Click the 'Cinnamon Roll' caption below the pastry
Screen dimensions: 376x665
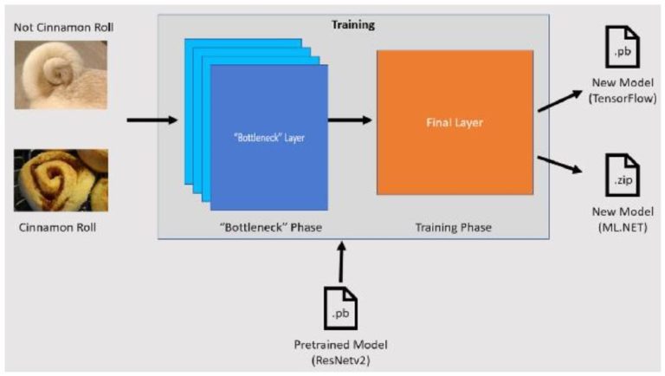click(x=58, y=227)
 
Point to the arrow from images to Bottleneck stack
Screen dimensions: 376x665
click(x=151, y=120)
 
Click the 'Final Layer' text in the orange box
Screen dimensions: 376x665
click(x=454, y=122)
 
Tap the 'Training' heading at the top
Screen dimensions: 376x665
click(x=353, y=24)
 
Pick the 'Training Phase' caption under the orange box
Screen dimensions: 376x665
click(x=455, y=227)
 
